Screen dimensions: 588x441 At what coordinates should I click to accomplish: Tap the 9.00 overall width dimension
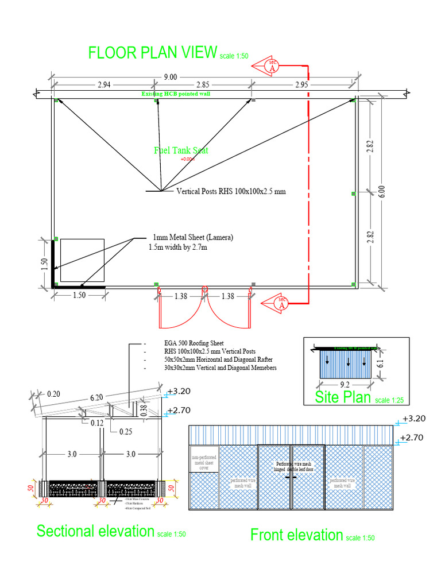[x=171, y=77]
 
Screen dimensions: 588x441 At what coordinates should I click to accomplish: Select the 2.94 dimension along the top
[x=104, y=85]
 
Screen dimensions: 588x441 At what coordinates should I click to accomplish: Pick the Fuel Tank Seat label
[x=181, y=150]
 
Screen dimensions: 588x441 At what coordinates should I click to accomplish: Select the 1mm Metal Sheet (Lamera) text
[x=193, y=237]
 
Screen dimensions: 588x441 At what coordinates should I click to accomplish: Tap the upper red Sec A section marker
[x=272, y=67]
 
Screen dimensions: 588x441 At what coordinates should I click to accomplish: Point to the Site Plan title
[x=343, y=397]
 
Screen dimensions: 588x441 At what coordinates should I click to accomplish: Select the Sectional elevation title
[x=95, y=531]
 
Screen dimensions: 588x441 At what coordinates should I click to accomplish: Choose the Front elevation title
[x=296, y=535]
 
